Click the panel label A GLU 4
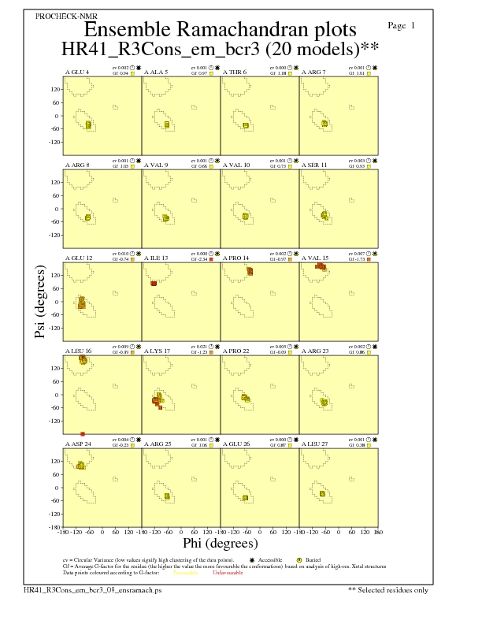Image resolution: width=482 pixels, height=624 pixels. (x=76, y=72)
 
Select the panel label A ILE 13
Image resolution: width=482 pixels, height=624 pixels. (x=156, y=258)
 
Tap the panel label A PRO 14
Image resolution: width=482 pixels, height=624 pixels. (x=235, y=258)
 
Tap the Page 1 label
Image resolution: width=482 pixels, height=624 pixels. (x=402, y=26)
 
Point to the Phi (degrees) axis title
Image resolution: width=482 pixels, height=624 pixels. (x=220, y=543)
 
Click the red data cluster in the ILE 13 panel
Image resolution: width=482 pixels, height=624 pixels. (x=154, y=283)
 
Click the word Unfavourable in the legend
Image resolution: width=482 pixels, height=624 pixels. (x=229, y=574)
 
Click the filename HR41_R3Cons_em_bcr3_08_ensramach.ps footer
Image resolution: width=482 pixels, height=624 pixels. (x=92, y=589)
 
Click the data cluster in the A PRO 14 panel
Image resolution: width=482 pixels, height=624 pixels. (x=249, y=271)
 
